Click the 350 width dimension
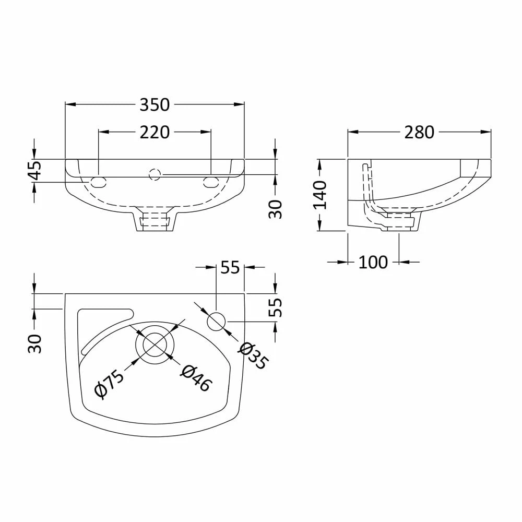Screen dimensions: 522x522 click(155, 104)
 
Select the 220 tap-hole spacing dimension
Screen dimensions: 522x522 click(155, 133)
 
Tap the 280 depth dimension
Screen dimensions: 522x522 click(419, 132)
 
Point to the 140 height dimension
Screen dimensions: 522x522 click(319, 195)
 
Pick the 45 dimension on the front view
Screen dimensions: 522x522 click(34, 170)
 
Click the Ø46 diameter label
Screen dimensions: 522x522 click(197, 377)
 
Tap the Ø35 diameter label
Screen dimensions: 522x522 click(254, 355)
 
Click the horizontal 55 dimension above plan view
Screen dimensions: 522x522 click(230, 267)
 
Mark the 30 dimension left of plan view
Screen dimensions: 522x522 click(34, 343)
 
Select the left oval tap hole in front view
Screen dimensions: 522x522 click(99, 182)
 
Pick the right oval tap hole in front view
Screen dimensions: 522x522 click(211, 182)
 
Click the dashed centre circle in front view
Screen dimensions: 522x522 click(155, 174)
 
